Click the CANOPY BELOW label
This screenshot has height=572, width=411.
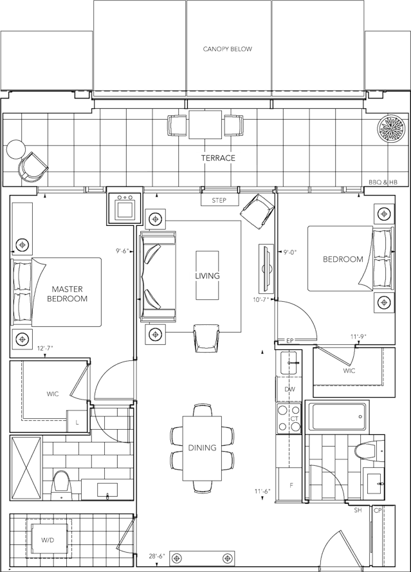228,49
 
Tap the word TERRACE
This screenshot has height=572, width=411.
218,158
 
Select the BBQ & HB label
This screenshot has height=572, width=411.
383,182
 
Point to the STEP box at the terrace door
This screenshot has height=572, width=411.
219,200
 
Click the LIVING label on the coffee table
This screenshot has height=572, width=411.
207,275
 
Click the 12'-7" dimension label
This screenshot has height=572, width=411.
46,348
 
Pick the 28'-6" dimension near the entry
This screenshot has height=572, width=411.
157,557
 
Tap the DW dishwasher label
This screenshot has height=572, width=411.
290,389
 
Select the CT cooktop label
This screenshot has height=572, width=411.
295,419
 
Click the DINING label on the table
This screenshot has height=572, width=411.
202,447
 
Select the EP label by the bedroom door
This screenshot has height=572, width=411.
290,341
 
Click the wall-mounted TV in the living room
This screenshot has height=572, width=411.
266,268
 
